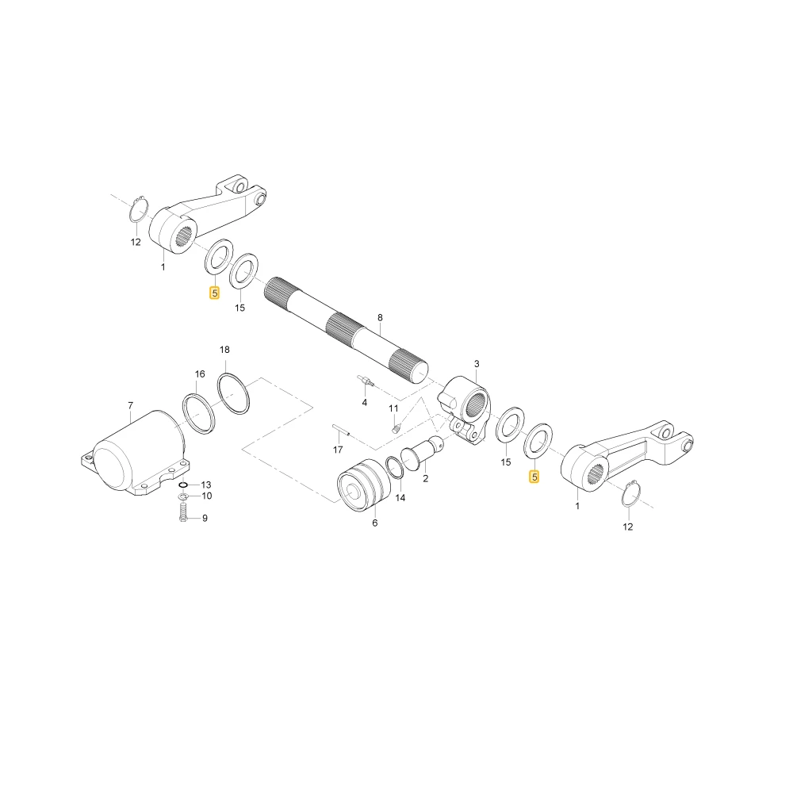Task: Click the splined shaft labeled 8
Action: pos(346,330)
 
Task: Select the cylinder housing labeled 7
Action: pos(134,453)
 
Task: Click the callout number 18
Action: pos(224,350)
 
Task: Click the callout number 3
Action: pos(477,364)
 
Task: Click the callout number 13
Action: pos(206,485)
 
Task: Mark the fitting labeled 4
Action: pos(366,382)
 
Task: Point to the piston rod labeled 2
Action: pos(421,452)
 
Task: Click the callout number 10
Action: pos(206,496)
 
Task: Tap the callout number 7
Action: pos(131,405)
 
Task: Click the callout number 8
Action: pos(380,318)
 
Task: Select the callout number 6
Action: pos(375,523)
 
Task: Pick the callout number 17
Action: pos(338,450)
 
